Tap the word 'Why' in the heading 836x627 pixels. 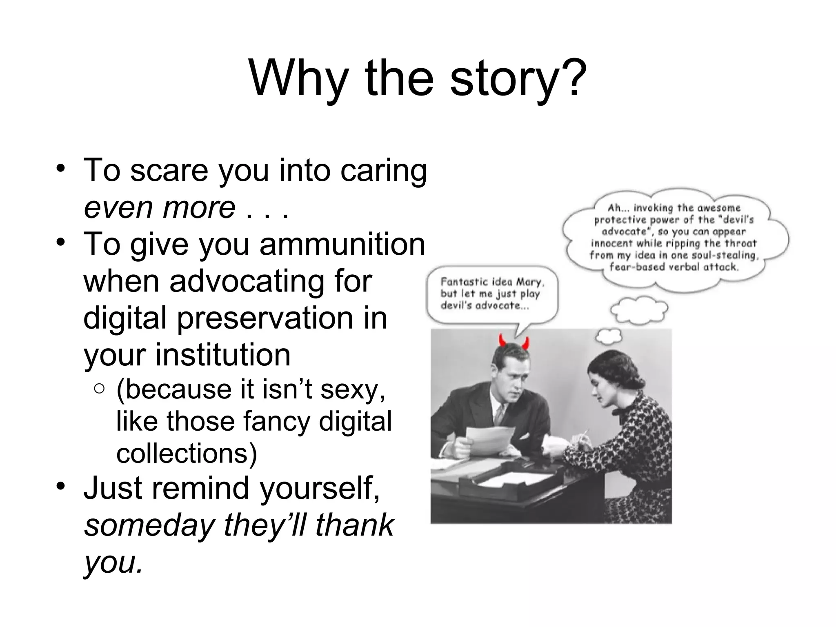(x=298, y=78)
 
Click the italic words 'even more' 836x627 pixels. (x=159, y=207)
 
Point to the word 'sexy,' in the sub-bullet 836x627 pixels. (x=353, y=389)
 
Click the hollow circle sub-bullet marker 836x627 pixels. (x=99, y=389)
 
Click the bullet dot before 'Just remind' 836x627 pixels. (x=61, y=486)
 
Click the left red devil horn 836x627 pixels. (x=502, y=340)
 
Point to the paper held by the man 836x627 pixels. (x=490, y=439)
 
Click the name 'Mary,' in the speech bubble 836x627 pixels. (x=530, y=282)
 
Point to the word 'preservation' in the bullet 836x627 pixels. (x=265, y=318)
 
